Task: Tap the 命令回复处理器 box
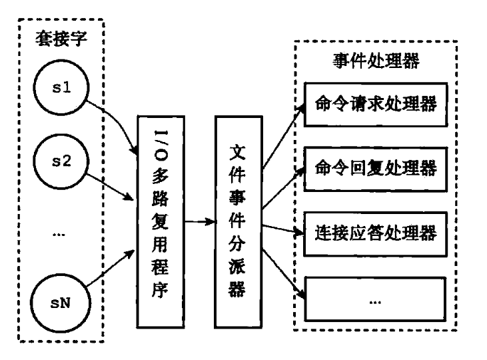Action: pos(374,167)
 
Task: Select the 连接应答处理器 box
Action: pos(374,233)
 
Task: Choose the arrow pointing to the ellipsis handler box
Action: pos(283,267)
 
